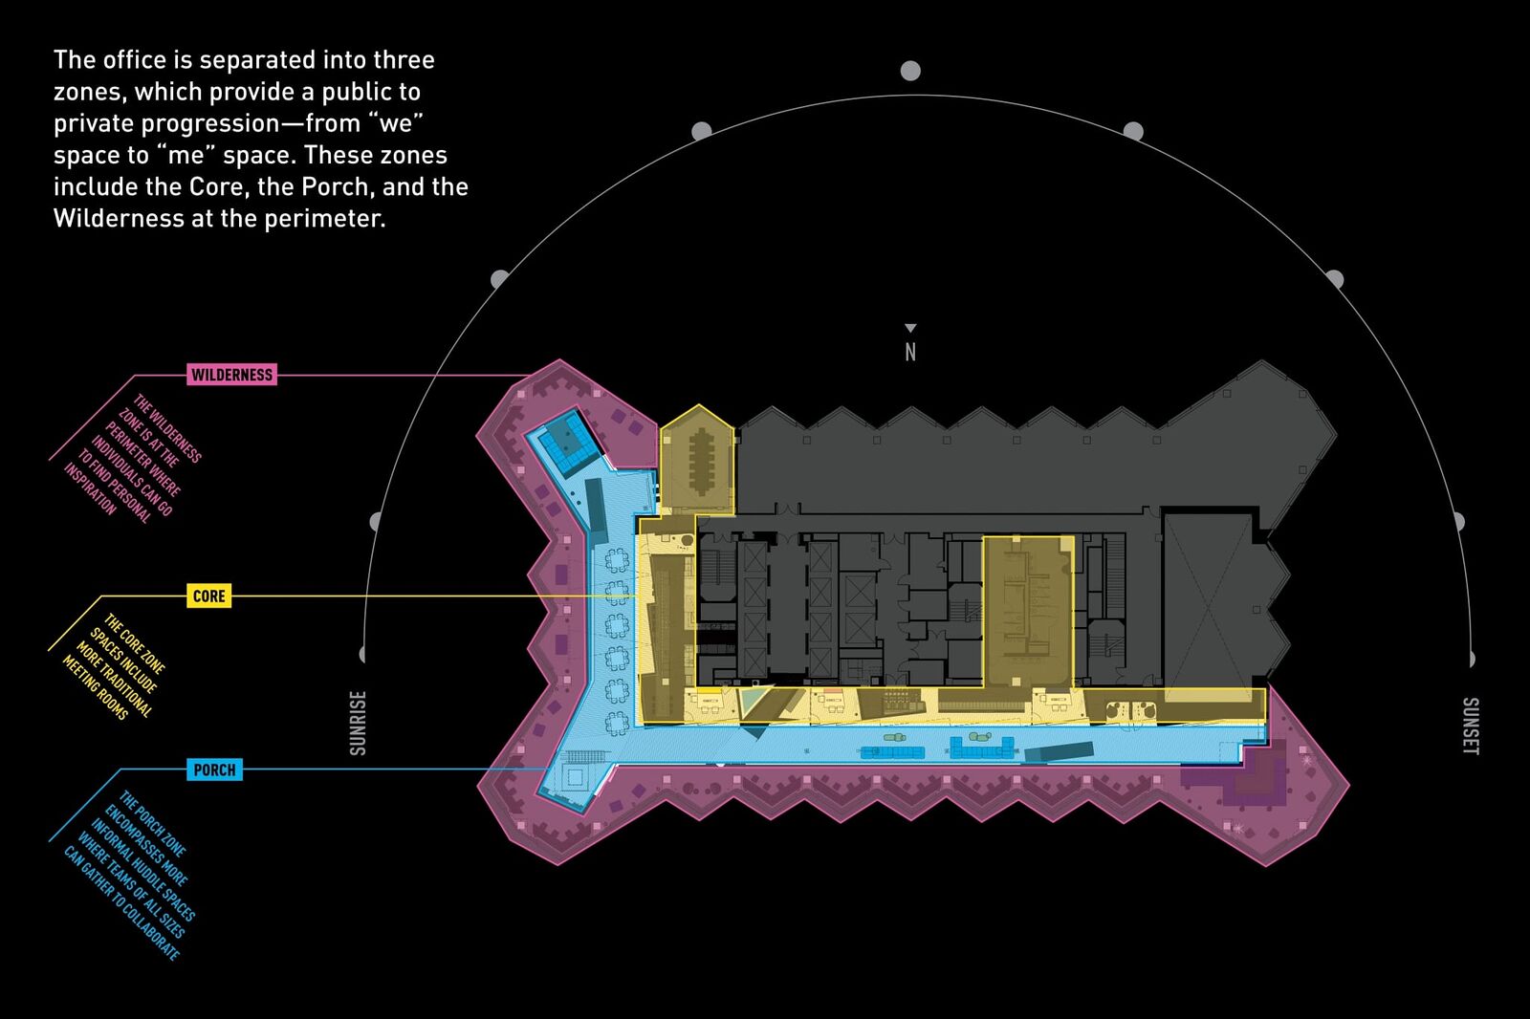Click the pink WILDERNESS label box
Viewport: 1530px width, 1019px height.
coord(231,375)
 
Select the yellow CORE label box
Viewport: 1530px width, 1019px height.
coord(209,596)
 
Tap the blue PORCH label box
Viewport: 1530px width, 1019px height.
coord(214,770)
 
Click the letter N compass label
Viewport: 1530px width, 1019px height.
coord(909,352)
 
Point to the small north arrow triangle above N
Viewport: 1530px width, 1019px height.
coord(909,328)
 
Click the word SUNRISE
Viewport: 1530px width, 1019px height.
coord(358,723)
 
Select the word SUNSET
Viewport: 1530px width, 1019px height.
coord(1470,726)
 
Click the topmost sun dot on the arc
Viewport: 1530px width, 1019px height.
coord(909,71)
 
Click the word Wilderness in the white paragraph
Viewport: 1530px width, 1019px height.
coord(109,219)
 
